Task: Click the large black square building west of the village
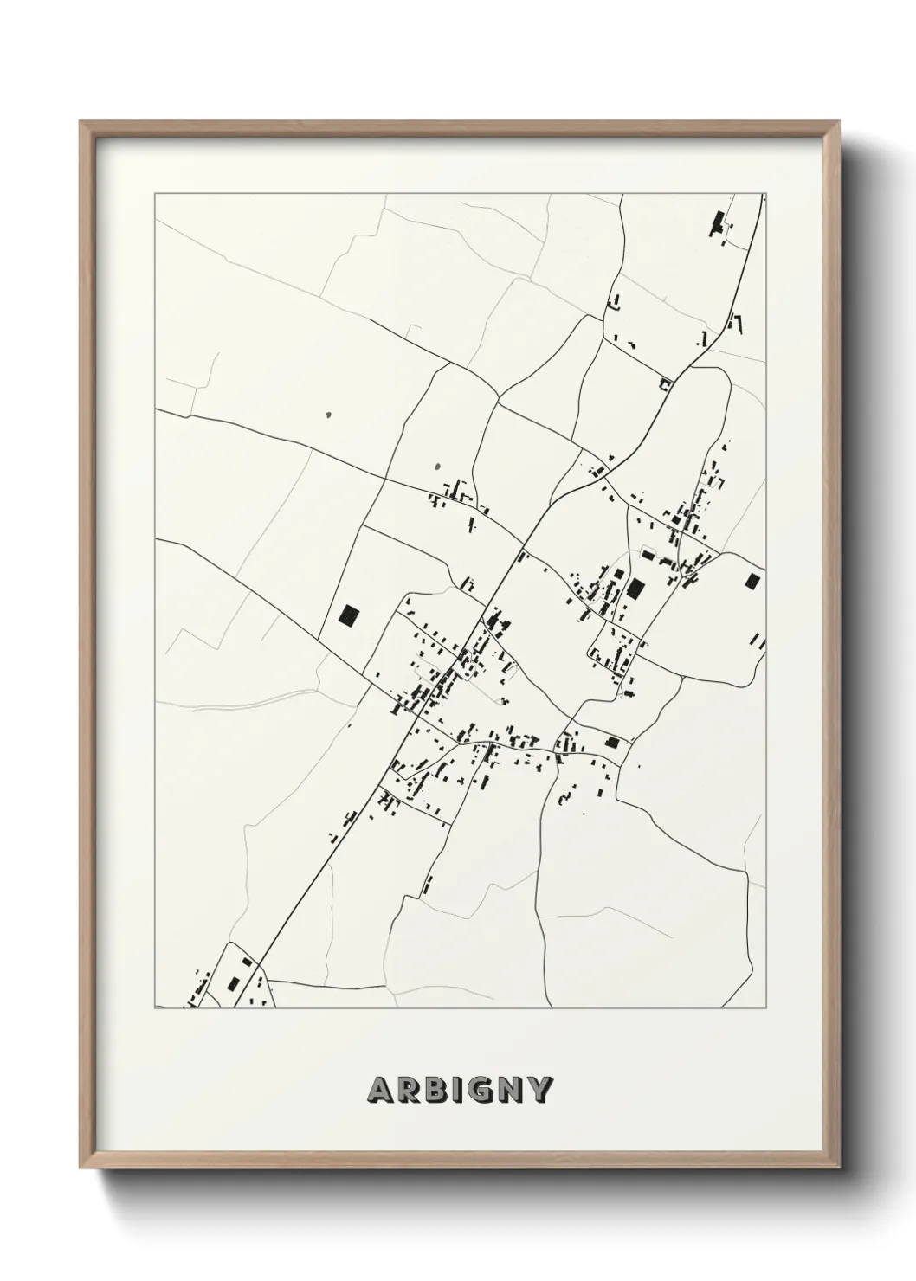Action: coord(349,615)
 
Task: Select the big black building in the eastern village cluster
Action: coord(636,589)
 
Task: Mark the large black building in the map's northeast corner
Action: coord(717,222)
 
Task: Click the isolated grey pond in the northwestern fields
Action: coord(328,415)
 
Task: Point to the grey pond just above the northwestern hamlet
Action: coord(436,467)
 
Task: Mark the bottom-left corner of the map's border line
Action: coord(155,1008)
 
